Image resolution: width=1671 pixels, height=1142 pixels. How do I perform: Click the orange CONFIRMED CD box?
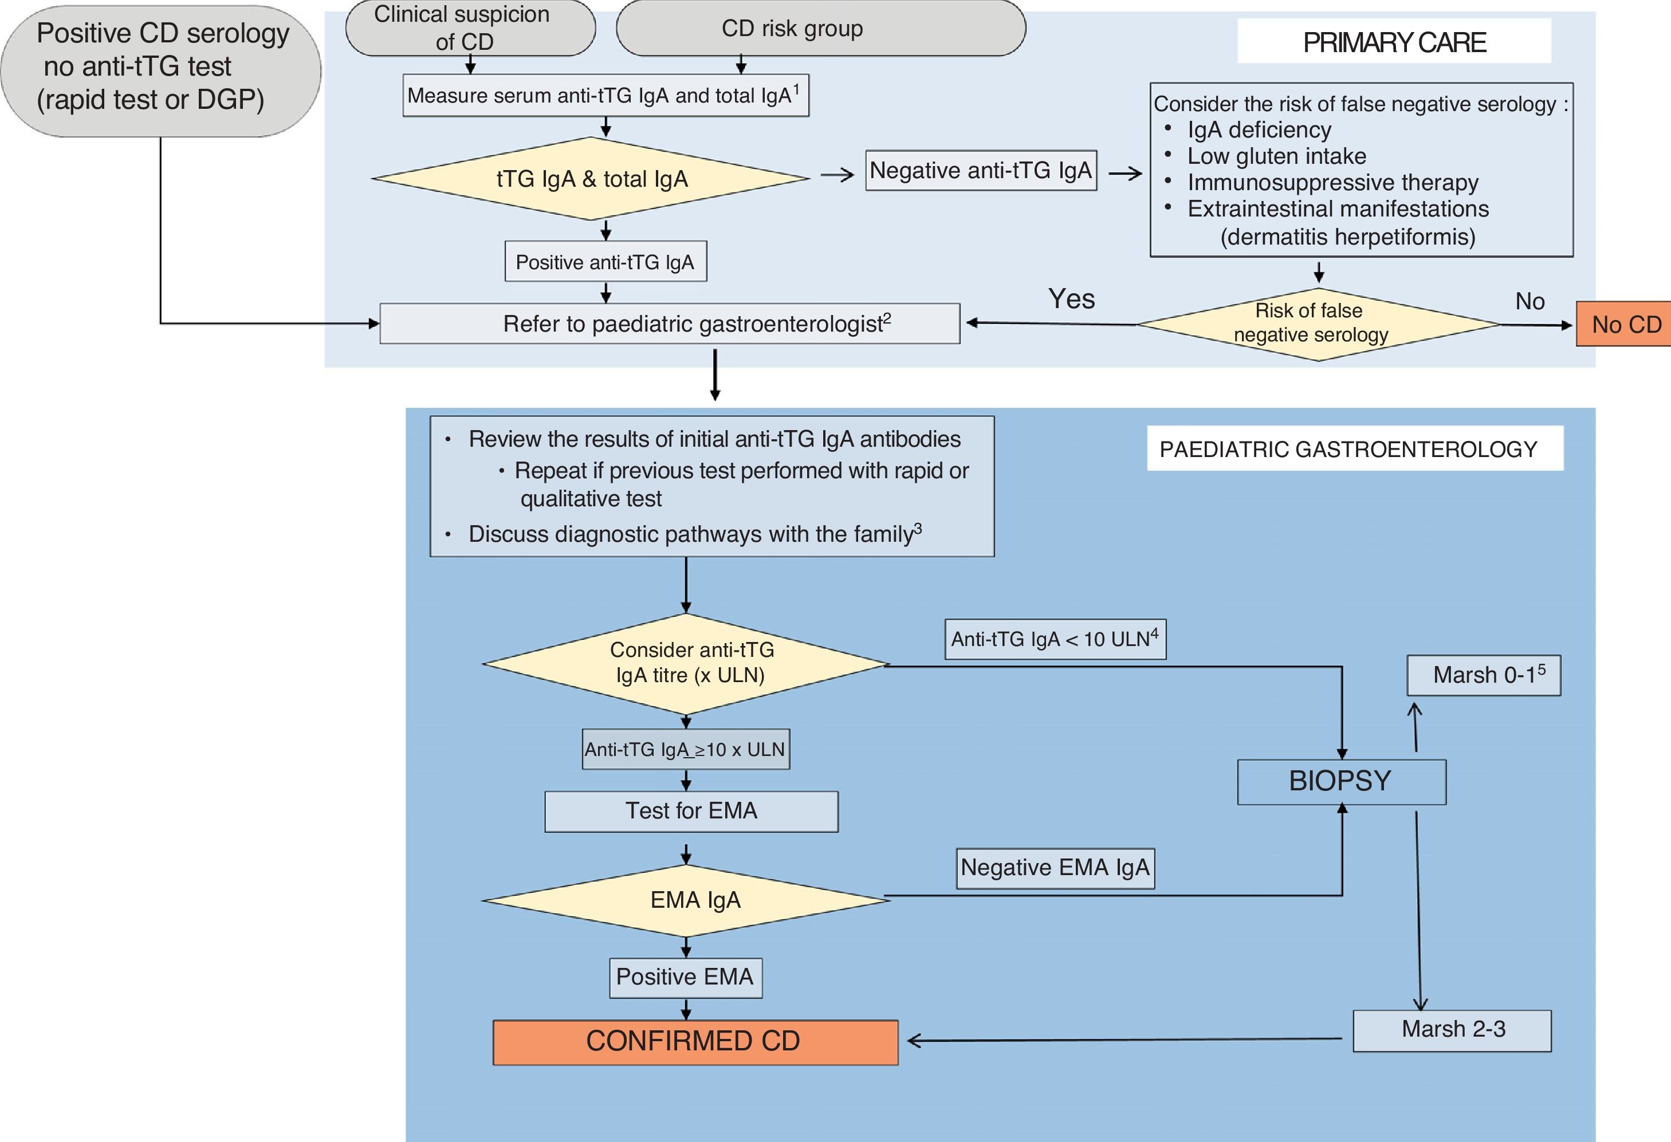click(x=694, y=1041)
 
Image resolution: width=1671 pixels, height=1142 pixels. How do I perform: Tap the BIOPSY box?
click(x=1341, y=781)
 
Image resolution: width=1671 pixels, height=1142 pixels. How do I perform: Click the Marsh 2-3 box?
click(x=1452, y=1030)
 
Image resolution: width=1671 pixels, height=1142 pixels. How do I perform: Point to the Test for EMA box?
click(x=691, y=812)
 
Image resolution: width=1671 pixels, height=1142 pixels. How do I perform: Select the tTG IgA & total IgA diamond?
click(x=591, y=179)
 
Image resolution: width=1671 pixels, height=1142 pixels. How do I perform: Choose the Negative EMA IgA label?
click(x=1055, y=868)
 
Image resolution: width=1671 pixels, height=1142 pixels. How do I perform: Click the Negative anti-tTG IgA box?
click(x=981, y=170)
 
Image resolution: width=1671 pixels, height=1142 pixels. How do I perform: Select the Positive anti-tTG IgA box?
click(x=606, y=262)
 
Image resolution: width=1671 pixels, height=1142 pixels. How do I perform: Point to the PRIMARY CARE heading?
click(x=1394, y=42)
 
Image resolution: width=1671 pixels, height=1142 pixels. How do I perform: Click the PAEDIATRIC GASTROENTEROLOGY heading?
click(x=1354, y=449)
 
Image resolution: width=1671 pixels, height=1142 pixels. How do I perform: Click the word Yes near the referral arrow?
click(x=1071, y=299)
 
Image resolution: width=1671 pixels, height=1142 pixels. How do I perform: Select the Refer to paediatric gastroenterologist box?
click(x=670, y=324)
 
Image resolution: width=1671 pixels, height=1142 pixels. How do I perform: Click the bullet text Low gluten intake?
click(x=1276, y=156)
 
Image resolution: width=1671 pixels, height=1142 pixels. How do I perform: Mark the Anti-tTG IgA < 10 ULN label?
click(x=1055, y=639)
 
